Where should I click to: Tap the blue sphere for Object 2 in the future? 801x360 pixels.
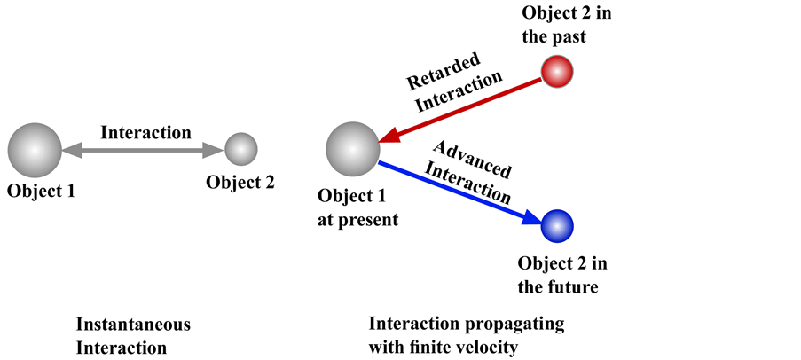point(557,226)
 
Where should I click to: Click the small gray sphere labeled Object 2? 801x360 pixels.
point(240,149)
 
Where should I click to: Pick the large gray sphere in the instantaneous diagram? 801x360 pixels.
point(35,150)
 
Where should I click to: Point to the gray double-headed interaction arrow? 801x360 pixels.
point(142,151)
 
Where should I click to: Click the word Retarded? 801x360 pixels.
point(443,72)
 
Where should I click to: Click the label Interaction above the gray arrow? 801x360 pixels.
point(145,133)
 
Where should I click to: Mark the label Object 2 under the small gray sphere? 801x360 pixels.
point(240,182)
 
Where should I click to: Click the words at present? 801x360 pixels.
point(358,219)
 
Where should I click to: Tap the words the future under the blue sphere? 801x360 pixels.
point(558,286)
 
